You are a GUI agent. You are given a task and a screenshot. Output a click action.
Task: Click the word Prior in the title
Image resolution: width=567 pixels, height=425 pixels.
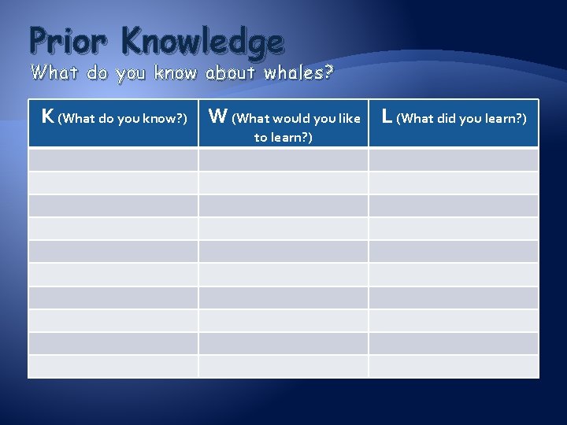[62, 41]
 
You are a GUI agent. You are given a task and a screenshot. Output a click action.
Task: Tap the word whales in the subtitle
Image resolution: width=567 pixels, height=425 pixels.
[291, 74]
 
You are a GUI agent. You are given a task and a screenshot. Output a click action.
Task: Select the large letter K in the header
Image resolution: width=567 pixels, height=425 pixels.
[47, 117]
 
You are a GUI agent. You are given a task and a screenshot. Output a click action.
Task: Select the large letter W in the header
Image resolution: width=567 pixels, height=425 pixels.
[217, 117]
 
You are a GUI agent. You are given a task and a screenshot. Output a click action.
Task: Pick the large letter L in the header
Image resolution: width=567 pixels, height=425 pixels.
[387, 117]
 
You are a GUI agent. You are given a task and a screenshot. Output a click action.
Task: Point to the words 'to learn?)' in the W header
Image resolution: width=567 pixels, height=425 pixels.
[283, 138]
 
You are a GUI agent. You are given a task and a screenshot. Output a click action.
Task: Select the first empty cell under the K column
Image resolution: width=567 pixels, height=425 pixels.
[113, 160]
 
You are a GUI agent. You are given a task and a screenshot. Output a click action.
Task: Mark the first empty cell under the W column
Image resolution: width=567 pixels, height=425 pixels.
[283, 160]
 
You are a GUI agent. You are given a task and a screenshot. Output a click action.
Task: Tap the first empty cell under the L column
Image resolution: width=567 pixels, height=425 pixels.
[454, 160]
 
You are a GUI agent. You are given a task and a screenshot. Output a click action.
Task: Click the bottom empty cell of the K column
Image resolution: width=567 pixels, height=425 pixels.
[113, 366]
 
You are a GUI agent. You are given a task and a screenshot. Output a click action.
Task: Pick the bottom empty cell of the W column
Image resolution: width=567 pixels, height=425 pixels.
[283, 366]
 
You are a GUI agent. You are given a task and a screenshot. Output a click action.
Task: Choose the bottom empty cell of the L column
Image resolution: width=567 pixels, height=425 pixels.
[454, 366]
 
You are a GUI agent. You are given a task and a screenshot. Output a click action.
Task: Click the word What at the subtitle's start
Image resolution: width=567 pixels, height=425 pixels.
[54, 74]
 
